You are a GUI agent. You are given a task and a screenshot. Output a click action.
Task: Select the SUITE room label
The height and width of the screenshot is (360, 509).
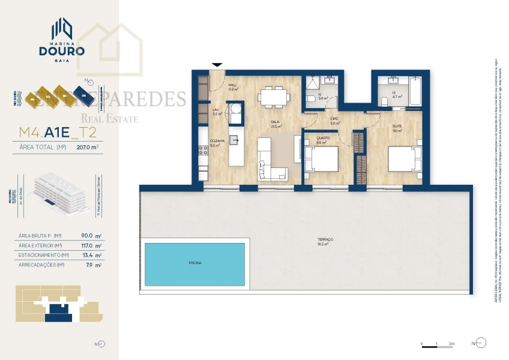click(397, 126)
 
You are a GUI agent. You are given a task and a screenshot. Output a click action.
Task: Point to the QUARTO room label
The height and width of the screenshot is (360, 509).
click(321, 140)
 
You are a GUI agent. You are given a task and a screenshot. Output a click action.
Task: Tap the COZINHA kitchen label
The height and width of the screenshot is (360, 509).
click(217, 142)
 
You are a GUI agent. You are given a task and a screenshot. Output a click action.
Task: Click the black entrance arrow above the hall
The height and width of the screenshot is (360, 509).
click(217, 64)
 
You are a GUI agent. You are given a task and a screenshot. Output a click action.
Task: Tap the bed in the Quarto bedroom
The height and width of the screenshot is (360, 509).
click(322, 160)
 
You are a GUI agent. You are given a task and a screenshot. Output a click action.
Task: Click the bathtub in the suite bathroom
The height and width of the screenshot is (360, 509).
click(414, 91)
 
